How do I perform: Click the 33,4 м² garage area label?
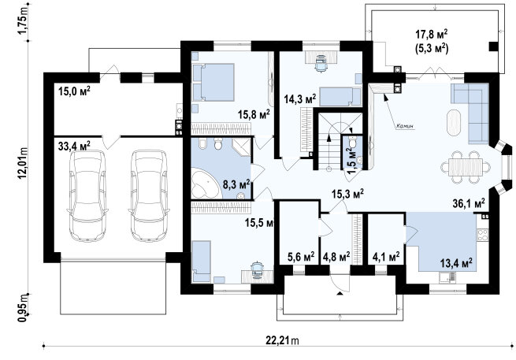coord(74,145)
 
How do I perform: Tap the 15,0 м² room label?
coord(74,91)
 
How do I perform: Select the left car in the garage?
coord(87,195)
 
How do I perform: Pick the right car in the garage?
coord(149,195)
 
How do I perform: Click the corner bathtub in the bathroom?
coord(206,184)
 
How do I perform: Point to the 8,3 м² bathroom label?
coord(236,184)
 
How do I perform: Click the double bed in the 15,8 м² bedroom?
coord(213,82)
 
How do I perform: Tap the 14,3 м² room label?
coord(300,98)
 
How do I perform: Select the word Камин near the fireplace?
coord(404,126)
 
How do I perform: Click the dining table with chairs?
coord(466,167)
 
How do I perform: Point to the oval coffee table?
coord(454,122)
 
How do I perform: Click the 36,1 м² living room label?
coord(469,204)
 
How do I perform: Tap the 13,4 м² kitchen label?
coord(456,262)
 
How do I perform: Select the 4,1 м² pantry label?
coord(386,256)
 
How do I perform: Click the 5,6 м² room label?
coord(301,256)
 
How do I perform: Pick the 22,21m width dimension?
coord(282,340)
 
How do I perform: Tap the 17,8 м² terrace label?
coord(432,35)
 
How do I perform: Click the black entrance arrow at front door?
coord(340,293)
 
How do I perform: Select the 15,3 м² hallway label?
coord(347,194)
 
